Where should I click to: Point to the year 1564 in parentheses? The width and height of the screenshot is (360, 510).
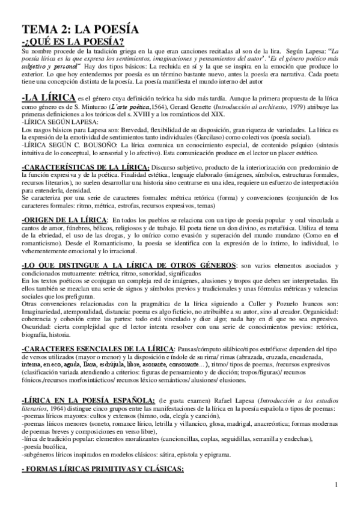pos(144,106)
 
